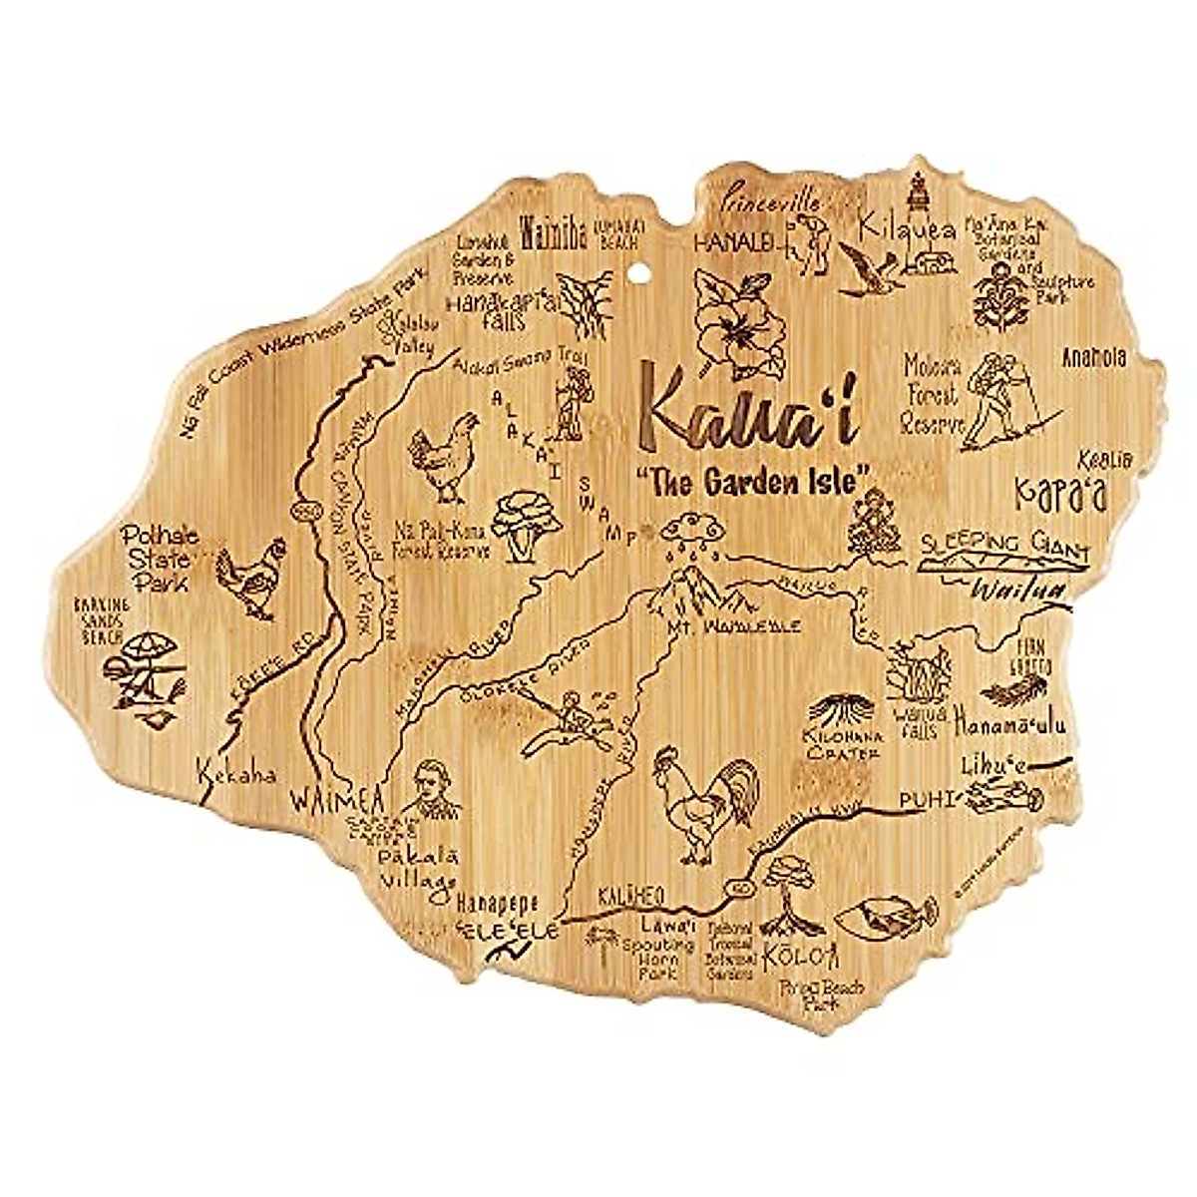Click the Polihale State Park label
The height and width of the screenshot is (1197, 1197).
coord(160,559)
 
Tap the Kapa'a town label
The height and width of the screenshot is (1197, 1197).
coord(1061,492)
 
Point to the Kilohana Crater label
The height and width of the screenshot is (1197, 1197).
coord(847,744)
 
